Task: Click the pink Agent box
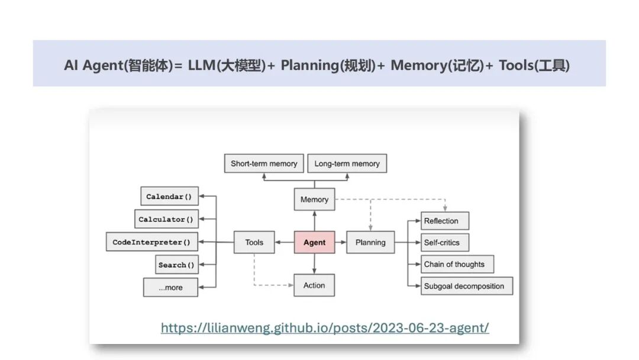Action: click(314, 242)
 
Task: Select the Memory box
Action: click(314, 200)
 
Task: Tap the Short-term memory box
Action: click(264, 163)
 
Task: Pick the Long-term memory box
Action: click(347, 163)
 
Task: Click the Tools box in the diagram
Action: click(254, 242)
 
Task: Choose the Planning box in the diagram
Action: click(370, 242)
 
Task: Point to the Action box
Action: click(314, 285)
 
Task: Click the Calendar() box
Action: click(169, 197)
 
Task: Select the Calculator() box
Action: click(166, 219)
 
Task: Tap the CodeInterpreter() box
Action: click(151, 242)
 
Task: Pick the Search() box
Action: click(176, 265)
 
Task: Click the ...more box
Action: click(170, 287)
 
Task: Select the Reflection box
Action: click(444, 221)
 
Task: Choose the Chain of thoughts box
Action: click(457, 264)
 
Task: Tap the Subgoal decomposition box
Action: click(466, 286)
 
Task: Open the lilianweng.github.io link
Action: click(325, 327)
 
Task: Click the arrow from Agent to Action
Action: click(314, 264)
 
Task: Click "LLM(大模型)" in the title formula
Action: click(227, 65)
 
